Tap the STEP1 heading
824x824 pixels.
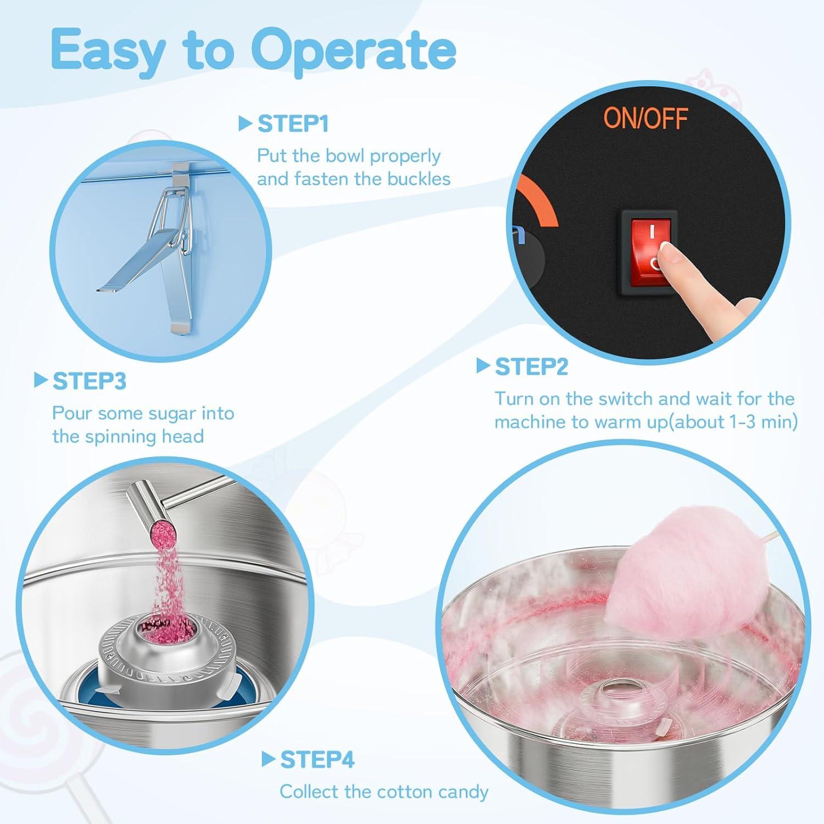(x=293, y=124)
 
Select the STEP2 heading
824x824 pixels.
(x=531, y=367)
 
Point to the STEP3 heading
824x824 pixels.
(x=90, y=381)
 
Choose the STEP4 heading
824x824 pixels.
(x=318, y=760)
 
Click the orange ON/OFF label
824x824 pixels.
(x=645, y=118)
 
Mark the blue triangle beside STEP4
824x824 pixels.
(x=269, y=759)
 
